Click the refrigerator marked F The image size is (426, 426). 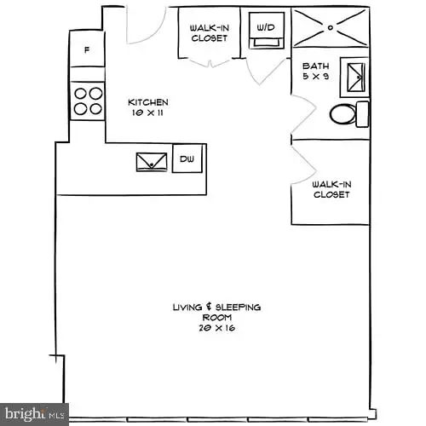pyautogui.click(x=86, y=50)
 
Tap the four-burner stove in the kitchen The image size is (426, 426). pyautogui.click(x=87, y=101)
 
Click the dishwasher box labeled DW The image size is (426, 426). pyautogui.click(x=187, y=158)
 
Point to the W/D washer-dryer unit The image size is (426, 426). pyautogui.click(x=265, y=28)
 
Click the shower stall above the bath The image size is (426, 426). pyautogui.click(x=331, y=27)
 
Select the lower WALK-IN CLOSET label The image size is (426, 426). pyautogui.click(x=331, y=188)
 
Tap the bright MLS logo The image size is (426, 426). pyautogui.click(x=34, y=414)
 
